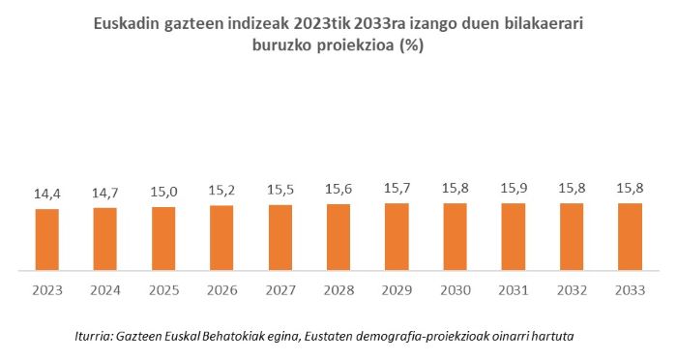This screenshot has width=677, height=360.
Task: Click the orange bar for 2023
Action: click(x=47, y=239)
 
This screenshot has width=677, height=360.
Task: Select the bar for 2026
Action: click(x=221, y=237)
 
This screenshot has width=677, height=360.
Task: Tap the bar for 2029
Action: click(x=396, y=236)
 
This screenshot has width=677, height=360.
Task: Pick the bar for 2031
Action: click(x=513, y=236)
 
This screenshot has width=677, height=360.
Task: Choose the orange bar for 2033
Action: click(x=629, y=236)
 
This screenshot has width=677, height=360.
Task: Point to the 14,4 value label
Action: click(x=47, y=195)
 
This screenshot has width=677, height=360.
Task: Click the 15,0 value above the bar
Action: click(x=163, y=192)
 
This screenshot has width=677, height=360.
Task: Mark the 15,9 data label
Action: click(x=513, y=189)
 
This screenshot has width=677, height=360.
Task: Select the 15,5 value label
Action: click(x=280, y=191)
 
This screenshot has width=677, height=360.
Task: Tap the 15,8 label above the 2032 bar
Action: click(x=571, y=189)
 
